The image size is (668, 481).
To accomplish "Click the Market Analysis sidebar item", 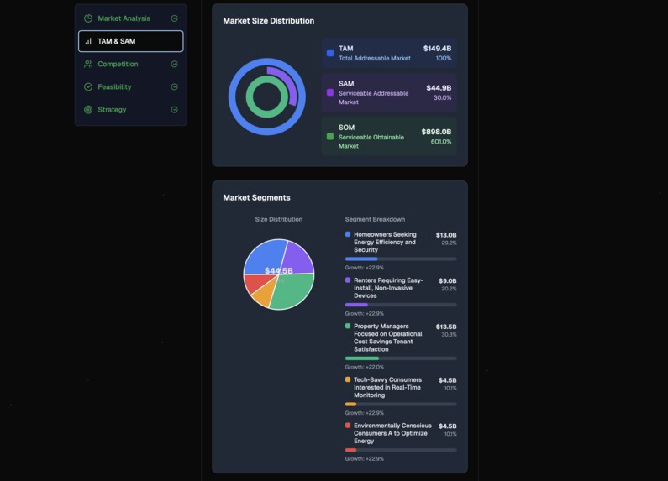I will coord(124,18).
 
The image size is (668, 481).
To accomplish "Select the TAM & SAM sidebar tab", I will coord(116,41).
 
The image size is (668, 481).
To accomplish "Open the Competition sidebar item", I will coord(118,64).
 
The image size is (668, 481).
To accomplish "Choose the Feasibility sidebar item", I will coord(114,86).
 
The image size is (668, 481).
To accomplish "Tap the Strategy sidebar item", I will coord(112,109).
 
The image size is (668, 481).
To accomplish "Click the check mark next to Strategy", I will coord(175,109).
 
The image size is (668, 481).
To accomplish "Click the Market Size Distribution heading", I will coord(268,21).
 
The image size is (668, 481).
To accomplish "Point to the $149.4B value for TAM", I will coord(437,49).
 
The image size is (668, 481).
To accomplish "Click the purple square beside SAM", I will coord(330,92).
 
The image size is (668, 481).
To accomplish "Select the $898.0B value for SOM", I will coord(436,132).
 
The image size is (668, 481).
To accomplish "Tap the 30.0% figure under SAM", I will coord(442,97).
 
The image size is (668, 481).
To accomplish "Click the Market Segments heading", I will coord(256,198).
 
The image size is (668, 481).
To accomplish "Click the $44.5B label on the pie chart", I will coord(278,271).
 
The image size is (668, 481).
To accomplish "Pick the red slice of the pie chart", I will coord(255,283).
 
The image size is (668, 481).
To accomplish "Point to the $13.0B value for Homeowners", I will coord(446,235).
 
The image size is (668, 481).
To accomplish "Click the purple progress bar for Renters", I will coord(356,305).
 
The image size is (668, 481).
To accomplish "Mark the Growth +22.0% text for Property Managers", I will coord(365,367).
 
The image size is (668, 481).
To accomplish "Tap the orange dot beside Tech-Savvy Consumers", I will coord(348,379).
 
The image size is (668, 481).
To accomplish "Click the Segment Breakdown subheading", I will coord(375,219).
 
